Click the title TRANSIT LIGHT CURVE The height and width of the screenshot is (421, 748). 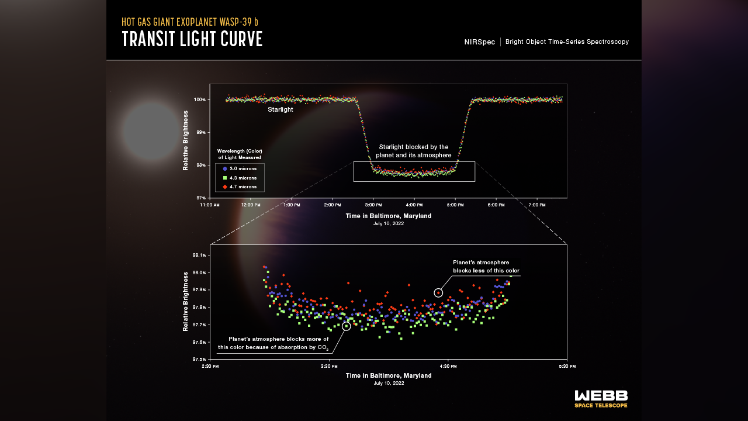tap(192, 39)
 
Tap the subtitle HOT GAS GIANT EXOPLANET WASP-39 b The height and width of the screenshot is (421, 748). tap(190, 22)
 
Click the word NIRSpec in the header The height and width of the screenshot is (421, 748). tap(480, 42)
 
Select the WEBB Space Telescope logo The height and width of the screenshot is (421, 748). tap(601, 398)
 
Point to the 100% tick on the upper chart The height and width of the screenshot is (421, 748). tap(200, 100)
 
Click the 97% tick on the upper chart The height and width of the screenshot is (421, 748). tap(200, 198)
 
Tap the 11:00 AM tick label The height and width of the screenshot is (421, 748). tap(210, 205)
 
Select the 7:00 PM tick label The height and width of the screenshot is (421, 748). tap(536, 205)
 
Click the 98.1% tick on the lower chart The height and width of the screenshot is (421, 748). tap(199, 255)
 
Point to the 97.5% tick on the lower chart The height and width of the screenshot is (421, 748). tap(199, 359)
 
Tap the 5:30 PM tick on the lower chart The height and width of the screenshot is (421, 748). tap(567, 366)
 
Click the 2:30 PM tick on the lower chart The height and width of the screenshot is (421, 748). tap(210, 366)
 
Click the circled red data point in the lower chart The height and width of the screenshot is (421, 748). tap(438, 292)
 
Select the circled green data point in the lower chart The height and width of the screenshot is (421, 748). tap(346, 326)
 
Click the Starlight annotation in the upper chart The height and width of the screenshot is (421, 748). tap(280, 109)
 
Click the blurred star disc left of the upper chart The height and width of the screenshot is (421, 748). tap(151, 132)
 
